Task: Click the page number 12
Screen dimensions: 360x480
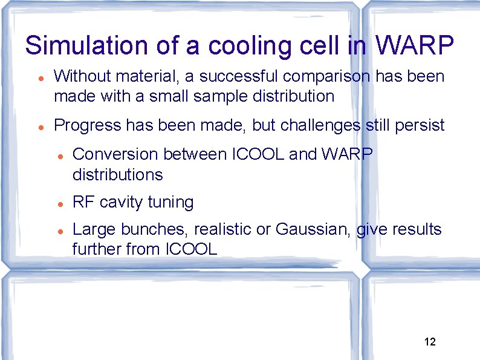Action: click(x=430, y=342)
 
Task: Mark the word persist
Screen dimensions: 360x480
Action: click(x=421, y=125)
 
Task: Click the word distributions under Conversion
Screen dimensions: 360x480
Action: click(x=117, y=175)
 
